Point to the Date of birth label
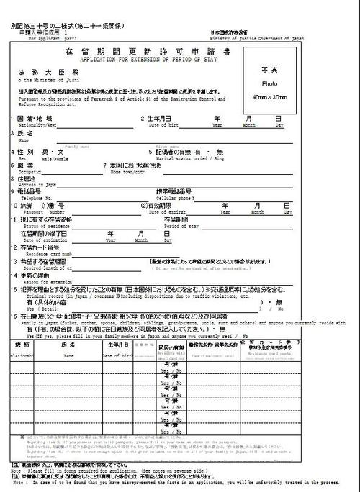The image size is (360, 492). coord(163,124)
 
